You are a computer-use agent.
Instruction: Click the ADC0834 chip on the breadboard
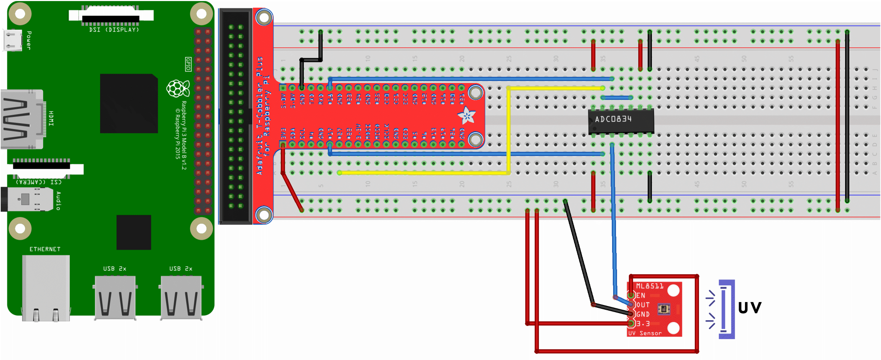[x=621, y=121]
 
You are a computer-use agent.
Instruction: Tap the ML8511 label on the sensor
[x=649, y=286]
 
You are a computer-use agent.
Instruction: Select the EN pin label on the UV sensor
[x=641, y=295]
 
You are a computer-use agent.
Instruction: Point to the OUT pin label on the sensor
[x=643, y=305]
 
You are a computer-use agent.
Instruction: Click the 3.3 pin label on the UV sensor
[x=643, y=324]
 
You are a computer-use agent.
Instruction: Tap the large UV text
[x=750, y=308]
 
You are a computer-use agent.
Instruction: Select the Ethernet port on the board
[x=46, y=288]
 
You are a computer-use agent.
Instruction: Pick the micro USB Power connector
[x=13, y=40]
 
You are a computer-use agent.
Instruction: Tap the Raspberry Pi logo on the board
[x=178, y=88]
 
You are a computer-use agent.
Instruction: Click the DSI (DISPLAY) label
[x=114, y=30]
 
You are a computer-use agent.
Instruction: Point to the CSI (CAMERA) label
[x=38, y=182]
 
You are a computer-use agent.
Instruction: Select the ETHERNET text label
[x=45, y=249]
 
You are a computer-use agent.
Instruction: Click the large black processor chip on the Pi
[x=129, y=103]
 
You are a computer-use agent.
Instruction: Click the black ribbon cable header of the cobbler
[x=236, y=116]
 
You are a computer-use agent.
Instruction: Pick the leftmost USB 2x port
[x=115, y=298]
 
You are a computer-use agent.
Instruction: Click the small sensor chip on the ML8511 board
[x=664, y=309]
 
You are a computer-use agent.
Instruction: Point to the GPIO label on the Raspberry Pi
[x=188, y=64]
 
